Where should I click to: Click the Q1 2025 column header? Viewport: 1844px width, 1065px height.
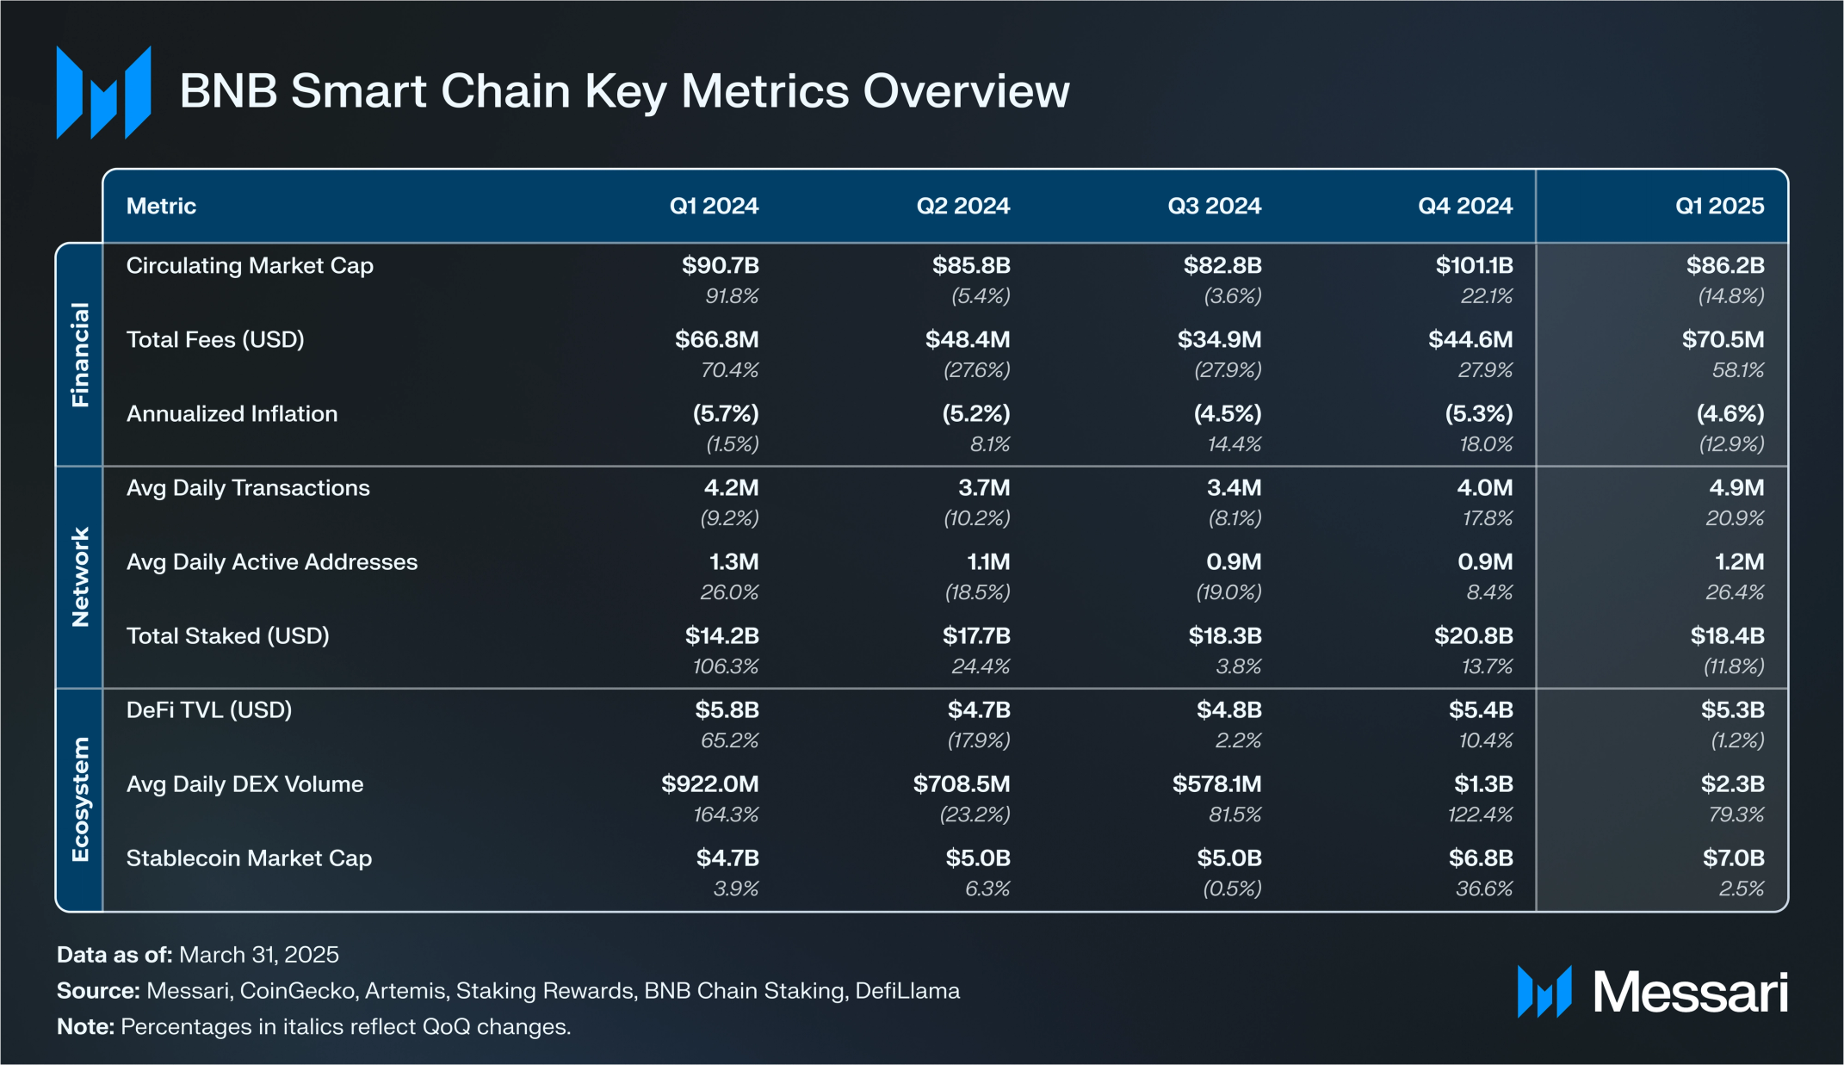coord(1719,206)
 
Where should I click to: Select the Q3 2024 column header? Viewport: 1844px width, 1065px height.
coord(1214,206)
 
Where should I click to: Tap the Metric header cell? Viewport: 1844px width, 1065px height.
coord(161,206)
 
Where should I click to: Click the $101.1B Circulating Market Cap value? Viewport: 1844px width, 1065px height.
coord(1474,265)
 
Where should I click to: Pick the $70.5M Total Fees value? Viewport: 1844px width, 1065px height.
coord(1723,339)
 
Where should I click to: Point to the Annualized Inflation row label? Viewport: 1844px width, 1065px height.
coord(232,414)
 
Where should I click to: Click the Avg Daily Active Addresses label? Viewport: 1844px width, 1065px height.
coord(272,562)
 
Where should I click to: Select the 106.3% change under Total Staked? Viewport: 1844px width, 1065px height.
coord(726,666)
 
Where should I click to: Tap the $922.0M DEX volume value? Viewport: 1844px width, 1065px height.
coord(710,784)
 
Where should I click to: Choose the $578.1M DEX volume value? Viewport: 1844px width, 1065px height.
coord(1216,784)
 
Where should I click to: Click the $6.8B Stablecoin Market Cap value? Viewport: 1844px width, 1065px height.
coord(1481,858)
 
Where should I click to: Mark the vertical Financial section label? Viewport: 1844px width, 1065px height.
coord(80,355)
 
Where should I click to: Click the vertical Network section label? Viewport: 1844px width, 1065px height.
coord(80,577)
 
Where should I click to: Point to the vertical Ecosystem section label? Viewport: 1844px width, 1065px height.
coord(80,799)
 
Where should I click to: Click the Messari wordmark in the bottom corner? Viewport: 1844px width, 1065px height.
coord(1690,993)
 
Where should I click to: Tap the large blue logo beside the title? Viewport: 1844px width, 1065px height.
coord(103,92)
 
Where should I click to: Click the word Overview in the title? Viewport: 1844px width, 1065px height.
coord(966,91)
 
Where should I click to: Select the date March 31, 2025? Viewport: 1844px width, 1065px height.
coord(259,955)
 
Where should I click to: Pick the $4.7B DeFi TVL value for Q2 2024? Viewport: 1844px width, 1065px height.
coord(979,710)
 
